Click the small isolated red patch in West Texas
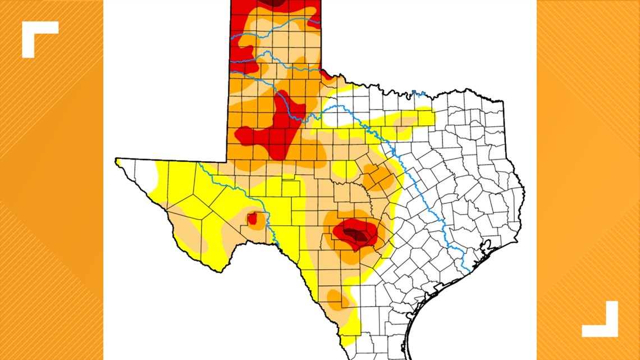252,218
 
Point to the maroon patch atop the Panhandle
275,3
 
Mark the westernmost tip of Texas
117,161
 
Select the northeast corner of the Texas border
503,102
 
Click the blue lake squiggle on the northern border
415,93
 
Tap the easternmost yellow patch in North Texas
415,117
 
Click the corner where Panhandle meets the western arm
227,160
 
